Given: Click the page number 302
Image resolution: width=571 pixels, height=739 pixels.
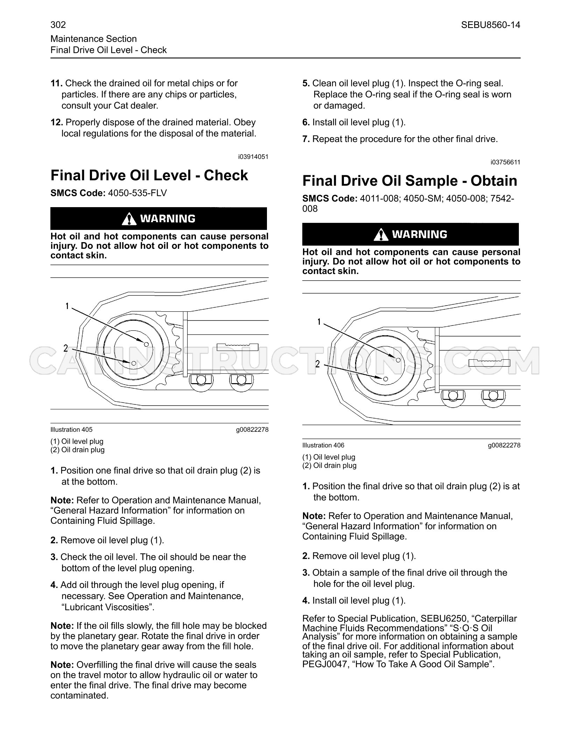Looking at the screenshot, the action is [58, 25].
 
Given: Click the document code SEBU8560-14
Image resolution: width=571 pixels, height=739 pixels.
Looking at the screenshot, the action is [491, 25].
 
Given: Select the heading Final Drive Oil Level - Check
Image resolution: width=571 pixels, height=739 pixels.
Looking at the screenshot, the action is [149, 175].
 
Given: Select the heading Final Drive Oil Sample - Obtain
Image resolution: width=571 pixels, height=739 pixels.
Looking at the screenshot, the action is [410, 181].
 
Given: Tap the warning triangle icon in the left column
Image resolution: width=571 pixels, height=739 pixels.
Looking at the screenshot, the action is [129, 219].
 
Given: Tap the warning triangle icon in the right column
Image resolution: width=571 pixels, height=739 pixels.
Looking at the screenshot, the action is [381, 234].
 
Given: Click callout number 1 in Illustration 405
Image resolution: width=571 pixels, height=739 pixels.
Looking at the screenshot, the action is [67, 307].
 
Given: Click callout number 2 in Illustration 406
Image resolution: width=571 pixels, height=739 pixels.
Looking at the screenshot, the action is [318, 364].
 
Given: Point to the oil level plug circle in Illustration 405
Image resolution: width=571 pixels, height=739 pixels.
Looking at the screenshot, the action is [147, 345].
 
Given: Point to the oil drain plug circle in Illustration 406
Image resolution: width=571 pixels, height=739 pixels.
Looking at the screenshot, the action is [386, 379].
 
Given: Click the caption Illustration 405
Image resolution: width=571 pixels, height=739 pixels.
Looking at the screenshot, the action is [71, 430].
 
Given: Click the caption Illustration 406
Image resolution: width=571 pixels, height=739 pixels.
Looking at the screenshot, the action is [323, 445].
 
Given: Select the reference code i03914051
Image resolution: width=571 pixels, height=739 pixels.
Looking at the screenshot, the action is [253, 157].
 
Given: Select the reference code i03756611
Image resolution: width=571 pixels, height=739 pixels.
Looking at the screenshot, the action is [505, 162].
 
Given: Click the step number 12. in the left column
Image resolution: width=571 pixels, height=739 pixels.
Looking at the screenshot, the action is [57, 122].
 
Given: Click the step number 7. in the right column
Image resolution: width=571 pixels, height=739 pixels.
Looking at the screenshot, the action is [306, 139].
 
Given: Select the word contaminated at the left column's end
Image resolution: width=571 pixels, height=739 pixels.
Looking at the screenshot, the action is [79, 696].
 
